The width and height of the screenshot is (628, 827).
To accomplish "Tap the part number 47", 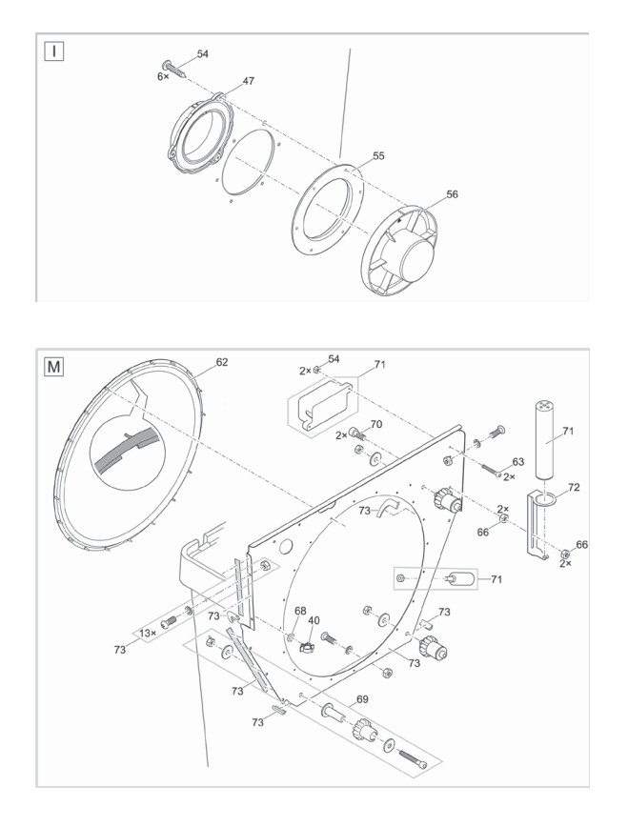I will point(248,83).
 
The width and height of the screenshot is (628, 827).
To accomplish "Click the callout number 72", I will point(574,487).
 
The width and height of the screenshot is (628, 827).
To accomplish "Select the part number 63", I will point(518,462).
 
